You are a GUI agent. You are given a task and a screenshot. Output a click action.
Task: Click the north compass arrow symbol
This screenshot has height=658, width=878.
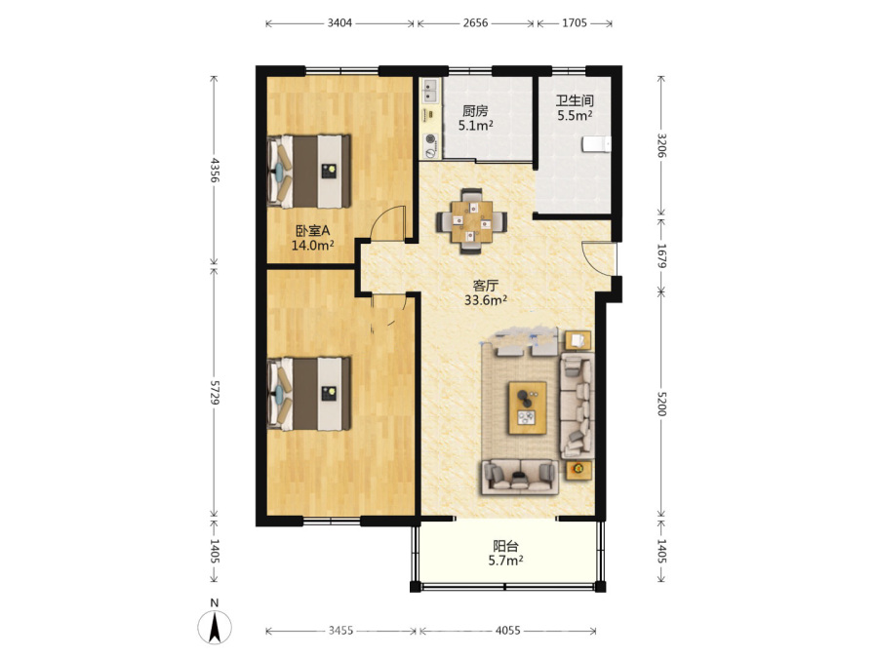(x=215, y=627)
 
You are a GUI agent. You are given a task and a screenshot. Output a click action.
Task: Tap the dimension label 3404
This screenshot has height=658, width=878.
(x=339, y=23)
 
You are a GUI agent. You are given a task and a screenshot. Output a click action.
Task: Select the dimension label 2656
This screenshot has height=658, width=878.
(x=475, y=23)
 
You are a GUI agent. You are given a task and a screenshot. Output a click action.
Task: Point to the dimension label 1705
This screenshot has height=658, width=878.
(x=575, y=23)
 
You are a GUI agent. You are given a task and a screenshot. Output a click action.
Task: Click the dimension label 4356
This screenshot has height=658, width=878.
(x=214, y=170)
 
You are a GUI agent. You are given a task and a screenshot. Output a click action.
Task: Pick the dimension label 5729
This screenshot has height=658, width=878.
(x=214, y=392)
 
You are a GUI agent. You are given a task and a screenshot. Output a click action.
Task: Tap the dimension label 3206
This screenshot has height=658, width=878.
(x=661, y=145)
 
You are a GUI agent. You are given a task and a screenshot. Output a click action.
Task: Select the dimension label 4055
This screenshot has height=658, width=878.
(x=508, y=631)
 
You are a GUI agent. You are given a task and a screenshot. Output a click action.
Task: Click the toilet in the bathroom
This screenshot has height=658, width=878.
(x=596, y=144)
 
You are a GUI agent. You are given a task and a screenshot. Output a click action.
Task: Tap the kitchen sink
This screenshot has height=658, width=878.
(x=430, y=91)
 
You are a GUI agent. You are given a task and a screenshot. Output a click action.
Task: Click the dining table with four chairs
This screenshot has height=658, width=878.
(x=472, y=221)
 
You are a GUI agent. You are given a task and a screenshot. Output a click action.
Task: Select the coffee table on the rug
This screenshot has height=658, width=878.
(x=528, y=407)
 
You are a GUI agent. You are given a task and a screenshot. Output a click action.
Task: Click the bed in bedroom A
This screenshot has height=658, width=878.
(x=309, y=172)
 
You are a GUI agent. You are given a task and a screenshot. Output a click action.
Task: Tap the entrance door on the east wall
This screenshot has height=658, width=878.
(x=599, y=258)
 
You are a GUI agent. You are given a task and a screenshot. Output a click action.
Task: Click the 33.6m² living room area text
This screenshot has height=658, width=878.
(x=486, y=300)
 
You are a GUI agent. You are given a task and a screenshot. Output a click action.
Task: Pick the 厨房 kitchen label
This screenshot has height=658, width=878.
(x=475, y=111)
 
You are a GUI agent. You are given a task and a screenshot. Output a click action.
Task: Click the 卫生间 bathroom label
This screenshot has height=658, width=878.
(x=575, y=100)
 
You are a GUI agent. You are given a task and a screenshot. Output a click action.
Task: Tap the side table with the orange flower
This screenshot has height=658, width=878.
(x=579, y=469)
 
